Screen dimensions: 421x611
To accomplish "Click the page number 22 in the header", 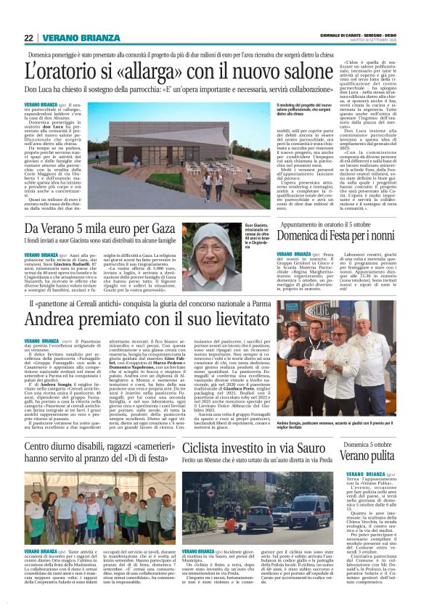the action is tap(28, 37).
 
